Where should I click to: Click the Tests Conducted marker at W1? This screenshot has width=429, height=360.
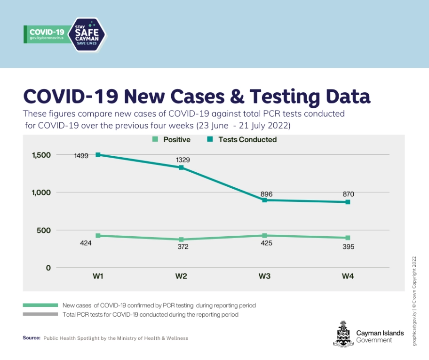pos(98,155)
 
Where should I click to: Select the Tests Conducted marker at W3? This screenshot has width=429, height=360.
pos(265,200)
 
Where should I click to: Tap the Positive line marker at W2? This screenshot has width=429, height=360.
pos(182,240)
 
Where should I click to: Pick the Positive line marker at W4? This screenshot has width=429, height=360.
pos(348,238)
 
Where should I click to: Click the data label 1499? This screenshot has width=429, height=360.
pos(82,156)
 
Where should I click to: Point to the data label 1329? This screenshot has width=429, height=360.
pos(183,160)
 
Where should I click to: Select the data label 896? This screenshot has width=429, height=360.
pos(266,194)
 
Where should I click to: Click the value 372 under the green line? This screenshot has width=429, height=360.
pos(183,247)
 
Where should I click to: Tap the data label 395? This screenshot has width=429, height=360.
pos(348,247)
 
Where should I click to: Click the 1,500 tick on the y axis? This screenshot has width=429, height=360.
pos(41,155)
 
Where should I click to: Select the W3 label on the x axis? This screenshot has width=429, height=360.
pos(264,277)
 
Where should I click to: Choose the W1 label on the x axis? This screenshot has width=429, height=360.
pos(98,277)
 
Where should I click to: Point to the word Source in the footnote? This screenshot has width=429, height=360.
pos(32,338)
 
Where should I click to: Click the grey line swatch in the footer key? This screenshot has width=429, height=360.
pos(40,314)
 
